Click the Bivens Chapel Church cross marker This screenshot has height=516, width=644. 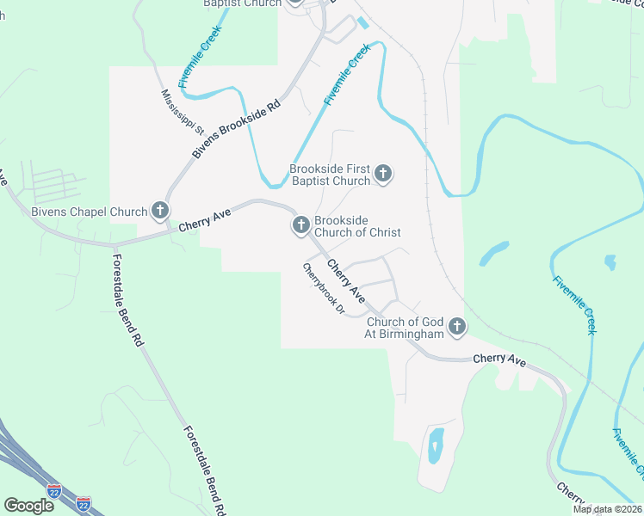(x=160, y=210)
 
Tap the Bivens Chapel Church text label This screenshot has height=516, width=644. (x=90, y=211)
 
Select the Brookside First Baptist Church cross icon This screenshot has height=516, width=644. (x=383, y=175)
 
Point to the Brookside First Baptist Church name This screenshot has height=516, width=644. (x=330, y=175)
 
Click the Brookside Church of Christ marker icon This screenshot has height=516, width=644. (x=300, y=226)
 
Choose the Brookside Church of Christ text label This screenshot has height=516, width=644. (x=357, y=226)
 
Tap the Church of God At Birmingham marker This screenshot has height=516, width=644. (x=456, y=327)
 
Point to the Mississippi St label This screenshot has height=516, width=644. (x=182, y=113)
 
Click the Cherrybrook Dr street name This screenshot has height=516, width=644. (x=323, y=288)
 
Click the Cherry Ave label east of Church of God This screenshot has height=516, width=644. (x=498, y=361)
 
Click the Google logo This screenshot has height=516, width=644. (x=28, y=506)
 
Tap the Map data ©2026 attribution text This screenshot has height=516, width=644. (x=606, y=509)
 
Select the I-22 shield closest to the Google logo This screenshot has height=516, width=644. (x=55, y=492)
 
